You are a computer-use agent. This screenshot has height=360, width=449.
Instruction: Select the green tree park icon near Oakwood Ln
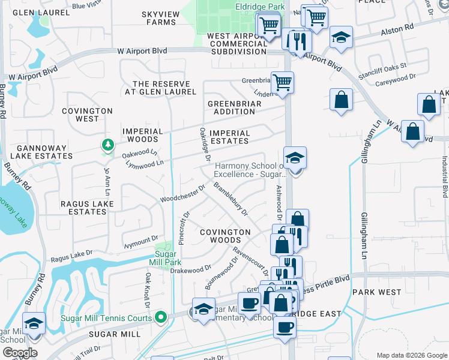tap(107, 145)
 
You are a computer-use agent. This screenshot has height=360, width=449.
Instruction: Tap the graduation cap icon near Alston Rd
tap(341, 37)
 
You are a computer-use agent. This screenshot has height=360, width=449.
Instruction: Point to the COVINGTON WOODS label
tap(224, 236)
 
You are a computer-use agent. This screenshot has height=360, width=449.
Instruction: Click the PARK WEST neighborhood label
tap(376, 292)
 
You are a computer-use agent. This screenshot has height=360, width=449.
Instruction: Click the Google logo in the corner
tap(20, 353)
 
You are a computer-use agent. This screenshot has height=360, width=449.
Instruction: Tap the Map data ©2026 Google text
tap(411, 355)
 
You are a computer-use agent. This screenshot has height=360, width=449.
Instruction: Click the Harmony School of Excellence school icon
tap(295, 158)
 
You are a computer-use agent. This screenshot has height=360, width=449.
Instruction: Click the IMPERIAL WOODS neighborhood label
tap(142, 135)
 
